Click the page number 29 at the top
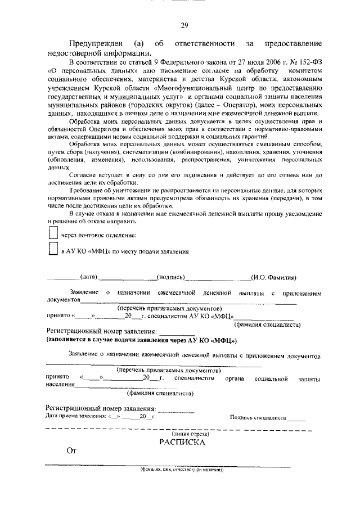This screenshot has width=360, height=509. (x=184, y=25)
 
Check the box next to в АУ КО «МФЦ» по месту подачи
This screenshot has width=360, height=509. (x=53, y=250)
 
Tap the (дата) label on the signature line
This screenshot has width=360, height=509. (x=89, y=277)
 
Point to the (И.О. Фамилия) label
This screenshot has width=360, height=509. (x=274, y=277)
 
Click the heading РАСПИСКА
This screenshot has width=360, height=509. (x=183, y=442)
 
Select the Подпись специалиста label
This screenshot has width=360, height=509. (x=258, y=418)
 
